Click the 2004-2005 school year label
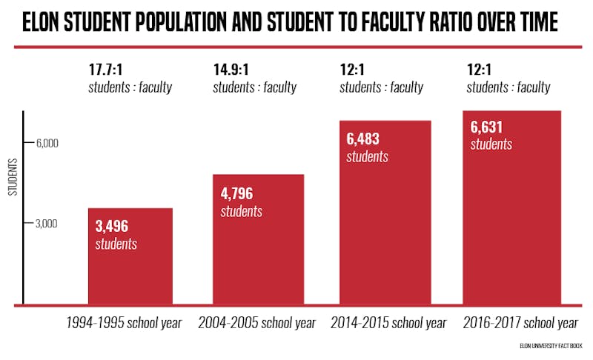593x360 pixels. [x=256, y=324]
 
